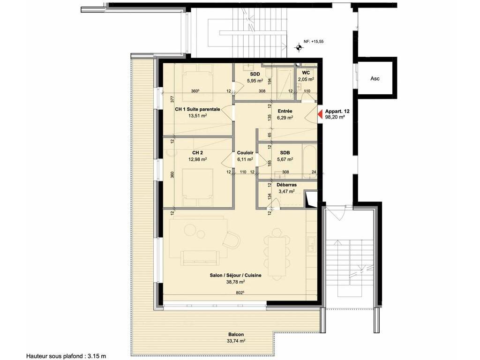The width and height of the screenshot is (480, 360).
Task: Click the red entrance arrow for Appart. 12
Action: [x=320, y=114]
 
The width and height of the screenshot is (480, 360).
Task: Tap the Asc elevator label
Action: [x=375, y=78]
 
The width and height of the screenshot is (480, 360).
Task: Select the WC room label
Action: [x=306, y=73]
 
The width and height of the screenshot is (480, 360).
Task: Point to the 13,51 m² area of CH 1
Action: [x=197, y=116]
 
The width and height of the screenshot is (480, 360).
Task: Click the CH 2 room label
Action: [x=197, y=152]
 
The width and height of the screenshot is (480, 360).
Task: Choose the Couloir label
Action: [x=245, y=153]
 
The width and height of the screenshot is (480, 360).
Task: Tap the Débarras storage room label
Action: [x=286, y=185]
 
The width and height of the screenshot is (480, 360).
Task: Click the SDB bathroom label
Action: [x=285, y=153]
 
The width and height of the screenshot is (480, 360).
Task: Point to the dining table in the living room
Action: [x=277, y=256]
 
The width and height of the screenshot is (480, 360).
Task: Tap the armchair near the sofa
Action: [x=231, y=240]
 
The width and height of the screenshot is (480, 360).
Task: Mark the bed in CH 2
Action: [x=197, y=187]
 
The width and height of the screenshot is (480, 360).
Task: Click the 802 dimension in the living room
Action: [x=240, y=292]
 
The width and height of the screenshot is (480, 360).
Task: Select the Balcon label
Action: [x=236, y=335]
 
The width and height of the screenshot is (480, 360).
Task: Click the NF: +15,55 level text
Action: [x=314, y=42]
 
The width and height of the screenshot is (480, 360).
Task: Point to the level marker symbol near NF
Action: [x=299, y=47]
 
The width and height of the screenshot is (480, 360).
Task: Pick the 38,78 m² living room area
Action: [x=235, y=282]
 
